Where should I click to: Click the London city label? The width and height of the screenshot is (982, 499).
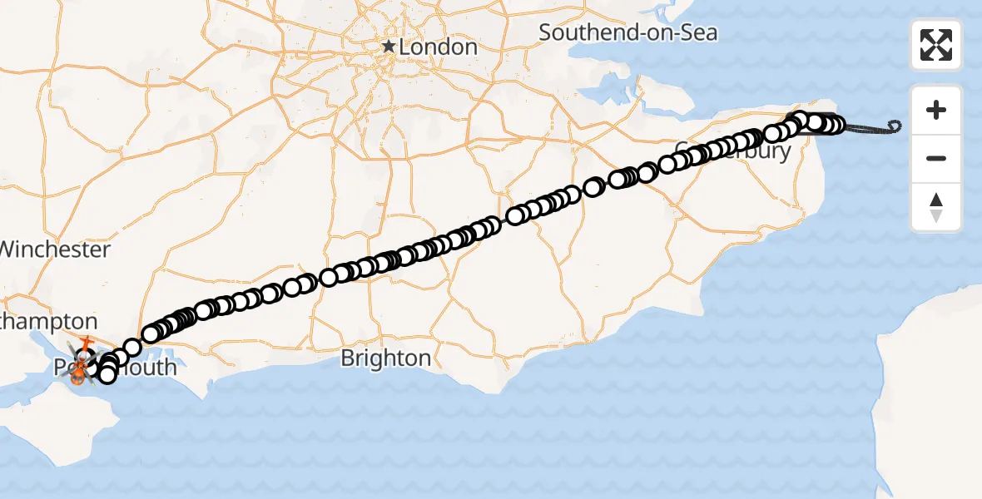[438, 47]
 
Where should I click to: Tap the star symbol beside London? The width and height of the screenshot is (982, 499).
[389, 47]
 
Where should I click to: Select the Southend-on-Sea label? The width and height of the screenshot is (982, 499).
[627, 33]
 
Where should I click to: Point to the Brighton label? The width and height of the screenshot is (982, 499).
[385, 358]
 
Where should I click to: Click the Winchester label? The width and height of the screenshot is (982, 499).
[55, 249]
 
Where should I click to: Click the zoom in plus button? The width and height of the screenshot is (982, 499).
[936, 110]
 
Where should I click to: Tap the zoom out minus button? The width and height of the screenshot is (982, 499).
[936, 158]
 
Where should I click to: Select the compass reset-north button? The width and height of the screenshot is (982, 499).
[936, 207]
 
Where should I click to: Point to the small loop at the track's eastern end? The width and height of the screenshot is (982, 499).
[895, 126]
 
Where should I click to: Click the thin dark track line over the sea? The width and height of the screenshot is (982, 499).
[870, 130]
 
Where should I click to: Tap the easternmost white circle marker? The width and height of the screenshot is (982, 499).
[836, 126]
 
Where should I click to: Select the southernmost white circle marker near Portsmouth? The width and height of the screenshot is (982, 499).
[107, 376]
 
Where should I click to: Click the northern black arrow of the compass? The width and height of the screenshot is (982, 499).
[936, 200]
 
